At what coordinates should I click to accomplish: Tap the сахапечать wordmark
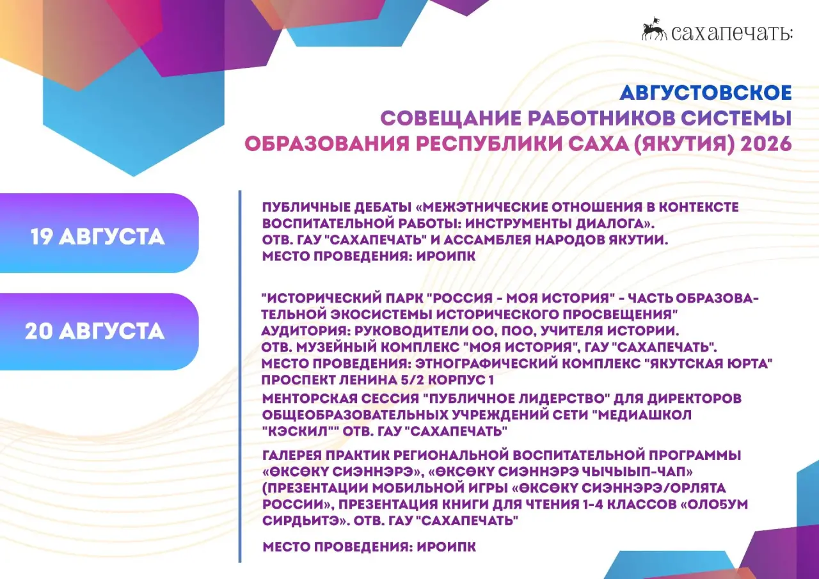[732, 33]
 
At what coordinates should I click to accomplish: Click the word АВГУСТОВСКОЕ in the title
[706, 93]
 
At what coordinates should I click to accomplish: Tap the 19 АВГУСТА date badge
[99, 234]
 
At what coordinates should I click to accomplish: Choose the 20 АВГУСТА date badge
[99, 331]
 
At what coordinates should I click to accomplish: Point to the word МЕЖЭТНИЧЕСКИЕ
[481, 207]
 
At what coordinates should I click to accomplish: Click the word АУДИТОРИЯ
[305, 331]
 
